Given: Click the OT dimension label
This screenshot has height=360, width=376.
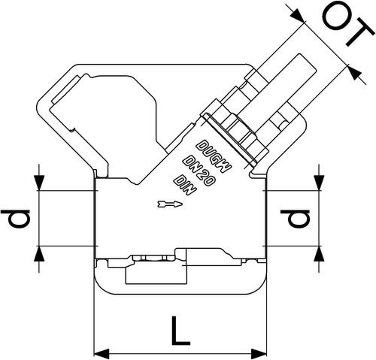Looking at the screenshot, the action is [x=349, y=23].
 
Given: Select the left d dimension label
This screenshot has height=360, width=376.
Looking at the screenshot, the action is [x=16, y=219].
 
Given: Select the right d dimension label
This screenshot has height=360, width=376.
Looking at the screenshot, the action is [x=296, y=219].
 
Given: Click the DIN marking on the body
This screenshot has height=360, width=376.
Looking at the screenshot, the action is [x=185, y=185].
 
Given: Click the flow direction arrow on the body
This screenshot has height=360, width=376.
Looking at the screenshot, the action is [x=170, y=204].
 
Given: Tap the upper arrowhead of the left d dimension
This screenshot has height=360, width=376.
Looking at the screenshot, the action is [x=39, y=183].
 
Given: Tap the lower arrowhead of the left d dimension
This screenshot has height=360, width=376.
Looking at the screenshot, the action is [x=39, y=254].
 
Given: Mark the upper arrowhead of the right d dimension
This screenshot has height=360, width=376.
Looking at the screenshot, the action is [x=319, y=183].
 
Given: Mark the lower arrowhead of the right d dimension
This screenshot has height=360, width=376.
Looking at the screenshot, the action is [x=319, y=254].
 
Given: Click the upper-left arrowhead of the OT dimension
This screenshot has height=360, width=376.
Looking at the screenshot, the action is [x=299, y=15].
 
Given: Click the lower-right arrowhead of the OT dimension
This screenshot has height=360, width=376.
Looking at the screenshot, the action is [x=355, y=72].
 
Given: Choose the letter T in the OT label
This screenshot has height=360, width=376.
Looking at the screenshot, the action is [x=360, y=34].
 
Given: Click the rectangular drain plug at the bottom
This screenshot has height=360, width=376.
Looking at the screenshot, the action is [x=156, y=275].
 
